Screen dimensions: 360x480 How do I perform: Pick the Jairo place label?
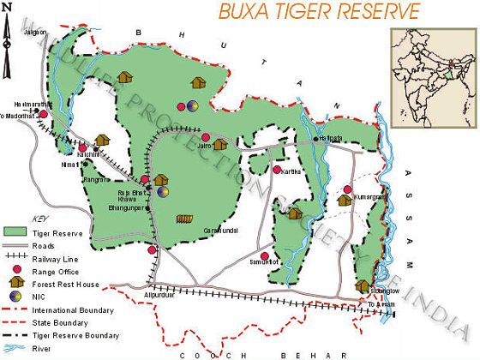(x=205, y=147)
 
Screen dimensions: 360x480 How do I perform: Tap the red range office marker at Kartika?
(x=276, y=170)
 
